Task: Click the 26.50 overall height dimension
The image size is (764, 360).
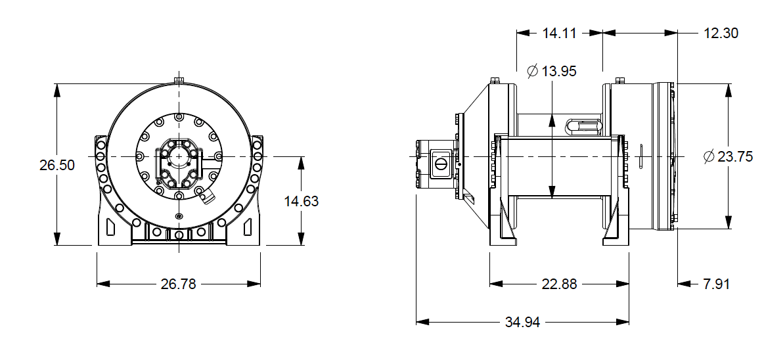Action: (x=56, y=165)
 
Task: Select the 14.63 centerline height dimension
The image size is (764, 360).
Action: (x=302, y=201)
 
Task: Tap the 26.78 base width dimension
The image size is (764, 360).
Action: (x=179, y=284)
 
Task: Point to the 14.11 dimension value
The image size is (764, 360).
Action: (x=559, y=33)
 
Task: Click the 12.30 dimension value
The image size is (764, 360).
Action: (x=721, y=33)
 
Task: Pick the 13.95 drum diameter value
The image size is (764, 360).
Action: (x=559, y=71)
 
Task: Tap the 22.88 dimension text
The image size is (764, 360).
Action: (x=559, y=284)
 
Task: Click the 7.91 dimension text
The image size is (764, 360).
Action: (x=716, y=284)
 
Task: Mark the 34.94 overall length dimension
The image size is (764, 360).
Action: (x=524, y=323)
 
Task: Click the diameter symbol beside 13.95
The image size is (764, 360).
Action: (x=533, y=71)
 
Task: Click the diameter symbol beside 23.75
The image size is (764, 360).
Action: (x=708, y=157)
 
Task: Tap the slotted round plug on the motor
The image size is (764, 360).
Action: (x=441, y=162)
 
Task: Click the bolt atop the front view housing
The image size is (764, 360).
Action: (x=179, y=80)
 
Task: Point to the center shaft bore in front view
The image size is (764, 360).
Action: (x=179, y=157)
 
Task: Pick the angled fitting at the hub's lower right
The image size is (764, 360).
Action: (x=207, y=196)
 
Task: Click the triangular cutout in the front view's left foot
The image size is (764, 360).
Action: (x=109, y=227)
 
